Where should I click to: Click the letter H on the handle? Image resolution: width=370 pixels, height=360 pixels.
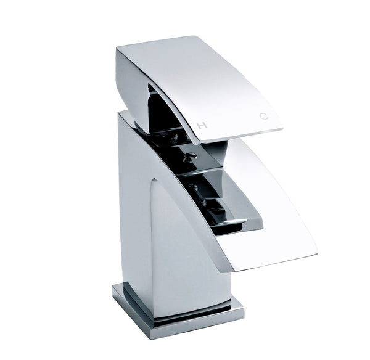pos(200,125)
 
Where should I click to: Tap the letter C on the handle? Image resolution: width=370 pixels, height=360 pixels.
pos(265,116)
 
